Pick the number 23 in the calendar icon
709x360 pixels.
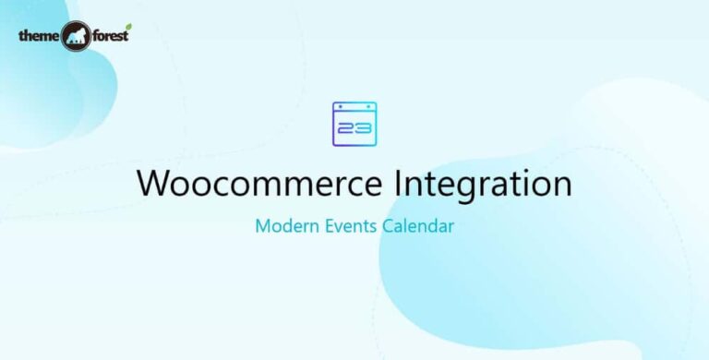[354, 129]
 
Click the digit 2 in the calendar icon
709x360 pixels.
[347, 129]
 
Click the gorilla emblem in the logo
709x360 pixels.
[77, 38]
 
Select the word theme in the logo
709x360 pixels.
[39, 37]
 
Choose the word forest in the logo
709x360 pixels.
[112, 38]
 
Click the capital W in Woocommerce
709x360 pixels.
[153, 183]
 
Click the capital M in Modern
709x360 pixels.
[262, 226]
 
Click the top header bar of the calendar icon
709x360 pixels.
[354, 109]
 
